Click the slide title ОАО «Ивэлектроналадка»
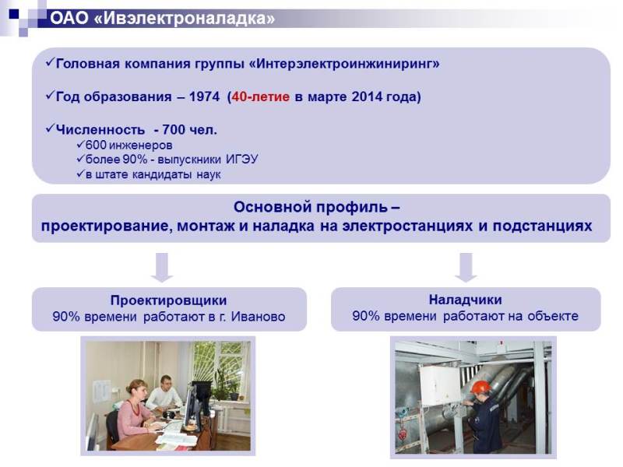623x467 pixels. [163, 18]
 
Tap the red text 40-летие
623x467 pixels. [261, 97]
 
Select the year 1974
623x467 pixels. [204, 97]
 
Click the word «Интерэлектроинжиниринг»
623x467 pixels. [344, 64]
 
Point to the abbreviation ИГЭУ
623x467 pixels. [242, 160]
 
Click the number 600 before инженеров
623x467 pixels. [96, 145]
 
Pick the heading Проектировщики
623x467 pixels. [168, 300]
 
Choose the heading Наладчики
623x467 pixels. [465, 300]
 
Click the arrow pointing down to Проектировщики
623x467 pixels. [162, 267]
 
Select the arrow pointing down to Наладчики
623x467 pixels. [466, 267]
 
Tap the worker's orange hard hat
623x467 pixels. [480, 387]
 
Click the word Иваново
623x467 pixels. [259, 317]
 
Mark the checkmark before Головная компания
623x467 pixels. [50, 62]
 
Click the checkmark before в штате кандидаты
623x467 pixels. [81, 174]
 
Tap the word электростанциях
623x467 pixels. [407, 226]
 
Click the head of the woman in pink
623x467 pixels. [136, 390]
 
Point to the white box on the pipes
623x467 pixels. [440, 384]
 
